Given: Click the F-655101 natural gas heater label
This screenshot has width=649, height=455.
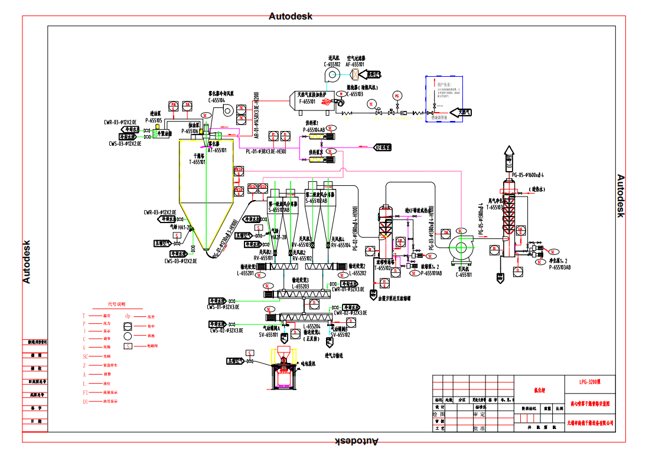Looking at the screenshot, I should click(307, 102).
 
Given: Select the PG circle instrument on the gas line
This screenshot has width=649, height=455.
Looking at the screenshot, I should click(396, 96).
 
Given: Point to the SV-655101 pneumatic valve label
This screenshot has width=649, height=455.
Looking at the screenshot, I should click(269, 335).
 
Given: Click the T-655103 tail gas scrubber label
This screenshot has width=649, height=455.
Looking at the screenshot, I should click(494, 208).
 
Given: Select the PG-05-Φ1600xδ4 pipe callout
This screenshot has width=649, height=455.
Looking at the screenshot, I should click(527, 175).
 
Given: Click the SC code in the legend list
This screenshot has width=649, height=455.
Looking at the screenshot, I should click(85, 356).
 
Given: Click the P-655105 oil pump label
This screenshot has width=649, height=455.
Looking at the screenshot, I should click(154, 120).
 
